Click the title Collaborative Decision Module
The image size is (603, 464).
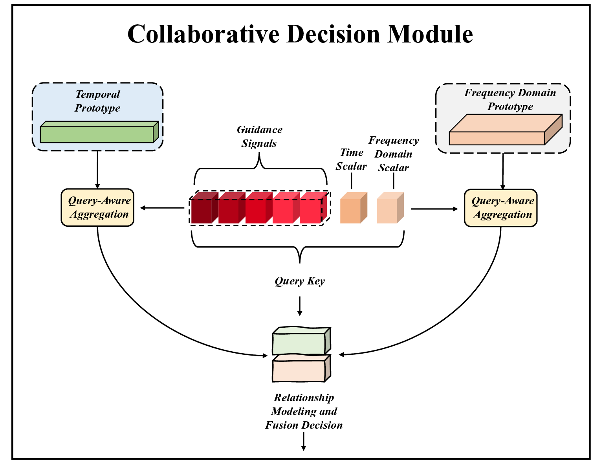(x=300, y=34)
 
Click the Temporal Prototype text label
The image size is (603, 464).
(x=97, y=101)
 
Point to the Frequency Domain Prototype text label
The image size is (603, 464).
(x=510, y=99)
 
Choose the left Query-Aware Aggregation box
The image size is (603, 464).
(x=97, y=207)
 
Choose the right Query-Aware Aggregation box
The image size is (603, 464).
(x=500, y=208)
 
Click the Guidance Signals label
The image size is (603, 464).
(x=259, y=136)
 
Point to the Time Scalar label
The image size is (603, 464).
(x=351, y=159)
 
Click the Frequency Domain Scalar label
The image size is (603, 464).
(x=394, y=154)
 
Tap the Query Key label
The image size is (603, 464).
(x=300, y=281)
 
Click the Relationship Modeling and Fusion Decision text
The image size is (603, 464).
(x=304, y=411)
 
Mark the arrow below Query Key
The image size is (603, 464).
(x=300, y=306)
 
